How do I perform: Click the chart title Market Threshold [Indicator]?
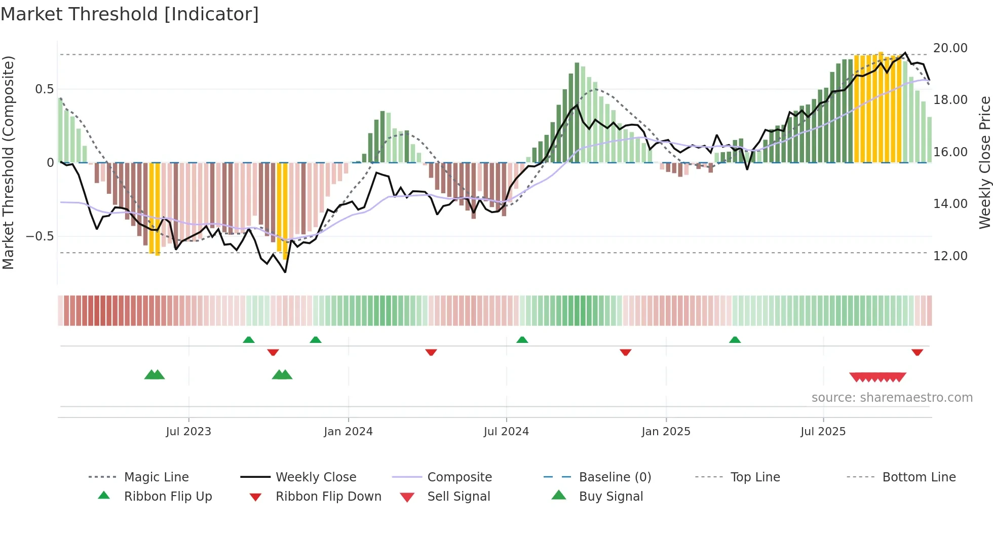[130, 14]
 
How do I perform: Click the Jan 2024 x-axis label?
[348, 431]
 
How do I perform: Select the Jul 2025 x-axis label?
[823, 431]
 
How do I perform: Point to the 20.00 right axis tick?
[950, 48]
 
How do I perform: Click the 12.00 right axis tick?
[950, 256]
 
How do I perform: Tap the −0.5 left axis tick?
[40, 236]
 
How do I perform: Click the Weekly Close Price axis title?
[984, 162]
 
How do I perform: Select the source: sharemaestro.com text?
[892, 397]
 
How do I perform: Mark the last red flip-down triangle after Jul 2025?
[917, 352]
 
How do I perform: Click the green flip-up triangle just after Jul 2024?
[522, 340]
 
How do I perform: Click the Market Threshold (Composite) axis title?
[8, 162]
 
